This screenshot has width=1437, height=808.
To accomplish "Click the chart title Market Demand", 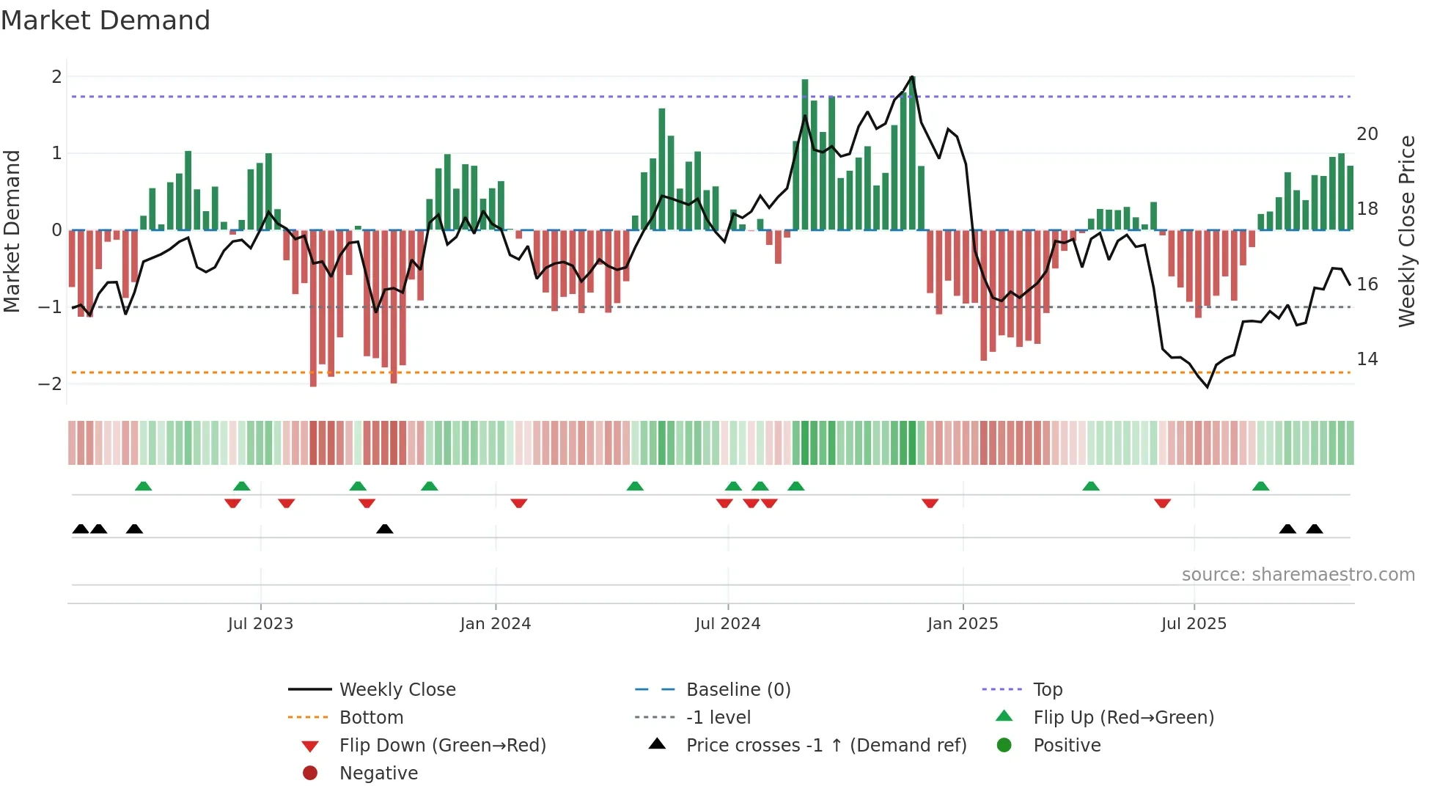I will [x=106, y=21].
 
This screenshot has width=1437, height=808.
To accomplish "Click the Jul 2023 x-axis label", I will [x=260, y=624].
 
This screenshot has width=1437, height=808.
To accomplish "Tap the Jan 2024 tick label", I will [x=496, y=624].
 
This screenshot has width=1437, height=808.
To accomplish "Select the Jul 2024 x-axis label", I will [x=728, y=624].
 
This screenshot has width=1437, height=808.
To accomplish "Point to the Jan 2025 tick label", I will [x=963, y=624].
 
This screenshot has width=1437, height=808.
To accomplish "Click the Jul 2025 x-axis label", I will [x=1194, y=624].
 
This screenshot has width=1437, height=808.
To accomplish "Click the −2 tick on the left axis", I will [x=50, y=384].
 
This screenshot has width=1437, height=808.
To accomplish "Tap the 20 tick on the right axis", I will [x=1367, y=134].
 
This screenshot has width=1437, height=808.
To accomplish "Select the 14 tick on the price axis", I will [x=1367, y=359].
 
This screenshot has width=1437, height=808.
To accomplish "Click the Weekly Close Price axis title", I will [x=1406, y=231].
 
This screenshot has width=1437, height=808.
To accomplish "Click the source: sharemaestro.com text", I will [x=1298, y=575].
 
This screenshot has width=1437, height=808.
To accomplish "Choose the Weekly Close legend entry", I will [x=397, y=690].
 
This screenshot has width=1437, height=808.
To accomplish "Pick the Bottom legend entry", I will [x=371, y=718].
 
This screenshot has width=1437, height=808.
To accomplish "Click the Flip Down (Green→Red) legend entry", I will [x=442, y=746].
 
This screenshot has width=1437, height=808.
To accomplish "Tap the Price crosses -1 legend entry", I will [x=826, y=746].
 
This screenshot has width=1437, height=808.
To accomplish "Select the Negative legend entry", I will [x=378, y=774].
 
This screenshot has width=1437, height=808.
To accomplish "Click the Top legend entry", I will [x=1048, y=690].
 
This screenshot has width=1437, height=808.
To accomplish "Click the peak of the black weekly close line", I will [x=912, y=76].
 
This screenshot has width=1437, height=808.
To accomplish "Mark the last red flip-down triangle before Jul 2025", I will [x=1162, y=503].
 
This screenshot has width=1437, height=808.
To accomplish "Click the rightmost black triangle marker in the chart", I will [x=1315, y=529].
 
